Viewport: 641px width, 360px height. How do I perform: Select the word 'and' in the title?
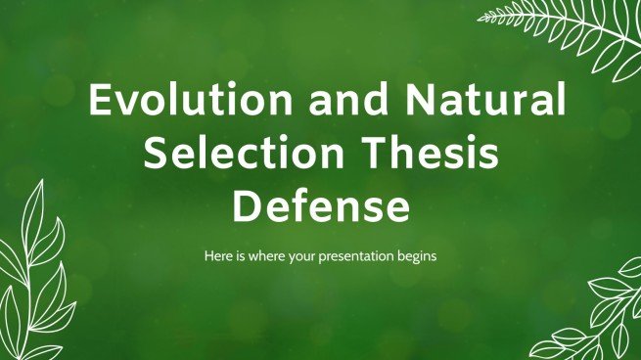(304, 103)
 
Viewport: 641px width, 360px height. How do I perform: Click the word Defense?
(319, 206)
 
